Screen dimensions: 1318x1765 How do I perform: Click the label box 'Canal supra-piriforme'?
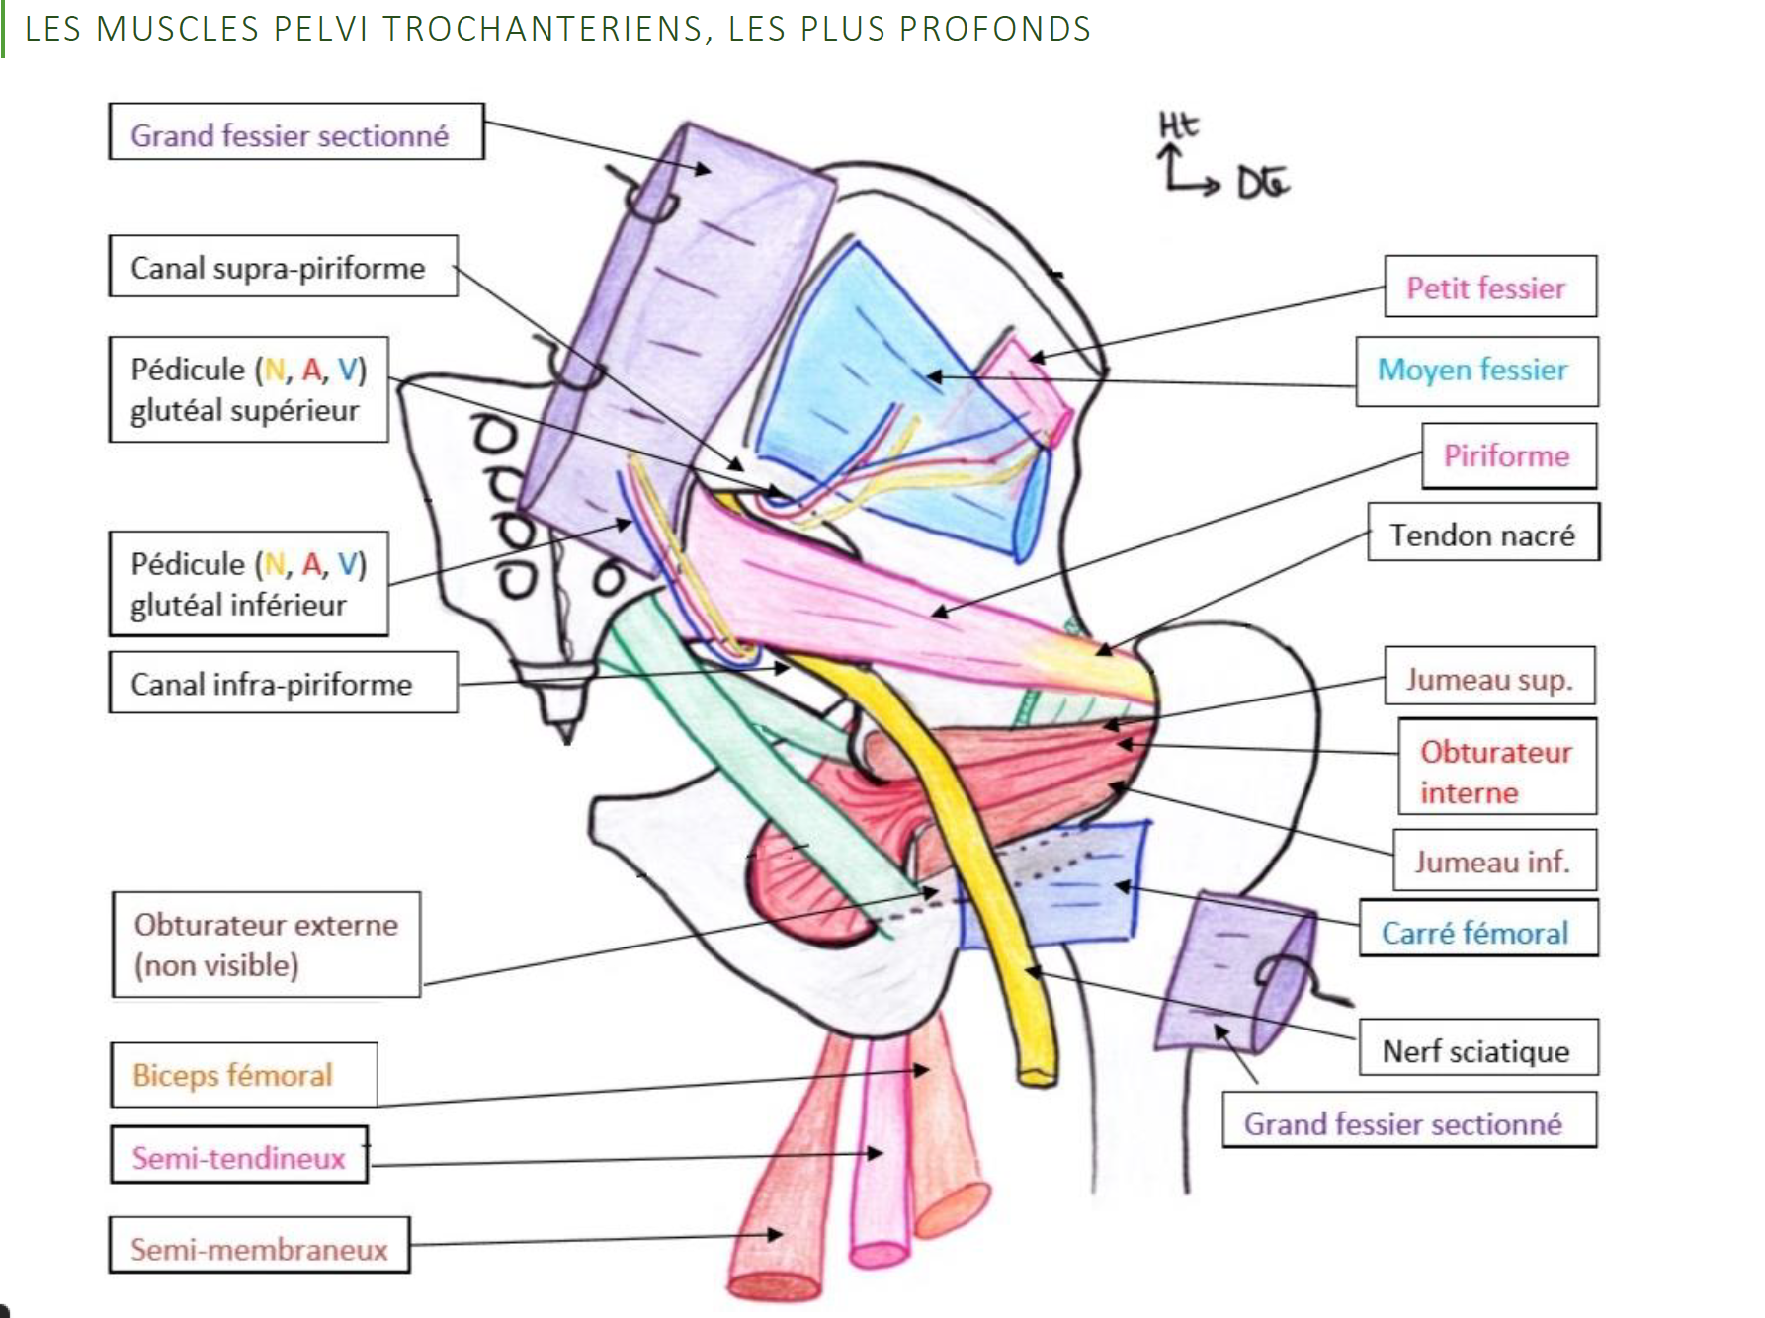coord(283,267)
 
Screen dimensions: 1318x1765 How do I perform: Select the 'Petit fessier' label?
coord(1489,288)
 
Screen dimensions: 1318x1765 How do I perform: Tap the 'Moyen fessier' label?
coord(1475,371)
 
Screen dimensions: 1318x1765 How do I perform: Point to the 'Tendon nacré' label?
coord(1482,535)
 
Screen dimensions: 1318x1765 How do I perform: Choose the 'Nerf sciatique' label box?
coord(1476,1050)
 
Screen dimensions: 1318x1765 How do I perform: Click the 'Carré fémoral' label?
coord(1476,932)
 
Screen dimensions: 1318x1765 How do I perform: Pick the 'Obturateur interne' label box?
coord(1495,772)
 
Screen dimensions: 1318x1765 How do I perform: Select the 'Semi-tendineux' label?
coord(239,1157)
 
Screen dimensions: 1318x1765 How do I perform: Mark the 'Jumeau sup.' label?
coord(1489,679)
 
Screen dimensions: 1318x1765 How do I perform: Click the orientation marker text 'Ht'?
coord(1178,125)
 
